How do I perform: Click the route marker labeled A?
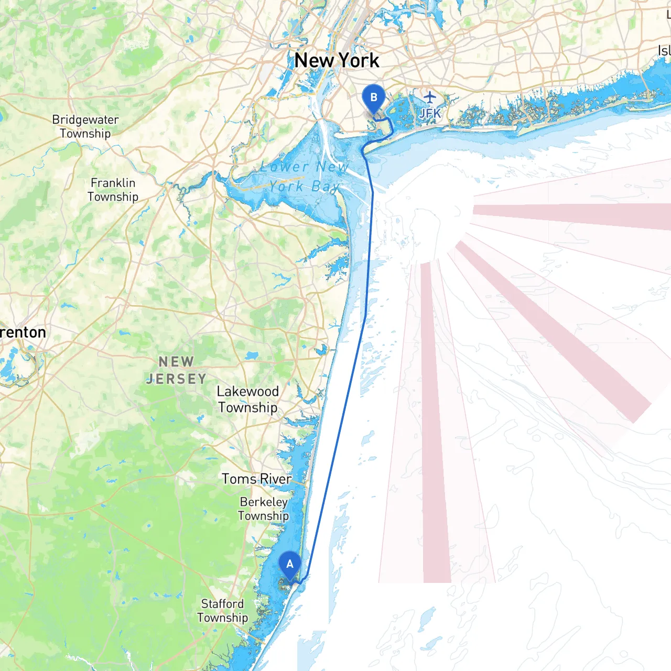289,566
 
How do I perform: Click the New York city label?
337,61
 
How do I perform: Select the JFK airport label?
430,113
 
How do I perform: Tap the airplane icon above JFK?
430,97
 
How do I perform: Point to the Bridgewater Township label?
85,126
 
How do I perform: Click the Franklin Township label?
113,190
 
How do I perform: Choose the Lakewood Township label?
247,399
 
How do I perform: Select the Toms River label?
256,479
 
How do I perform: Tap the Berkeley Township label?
263,508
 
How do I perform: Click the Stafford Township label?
222,611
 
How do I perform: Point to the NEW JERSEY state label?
176,370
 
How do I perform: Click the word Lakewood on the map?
247,392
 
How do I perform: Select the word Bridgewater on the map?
85,120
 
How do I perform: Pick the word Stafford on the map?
222,604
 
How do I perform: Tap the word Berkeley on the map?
263,502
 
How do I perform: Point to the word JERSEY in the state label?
176,378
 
